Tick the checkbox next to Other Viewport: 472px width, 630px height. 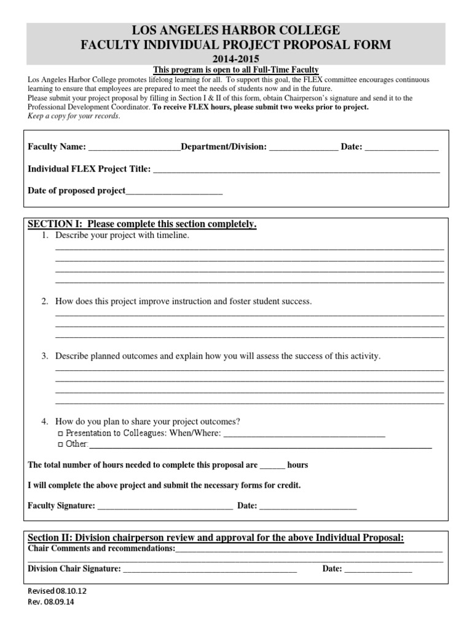pos(60,444)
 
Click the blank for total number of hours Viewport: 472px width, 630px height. pos(272,466)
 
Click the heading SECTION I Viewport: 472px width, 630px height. pos(141,225)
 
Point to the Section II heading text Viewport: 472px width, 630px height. pos(216,538)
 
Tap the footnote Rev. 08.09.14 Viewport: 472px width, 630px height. pos(51,602)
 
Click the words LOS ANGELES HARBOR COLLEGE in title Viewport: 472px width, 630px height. pos(236,30)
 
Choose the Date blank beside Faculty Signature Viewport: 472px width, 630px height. pos(308,507)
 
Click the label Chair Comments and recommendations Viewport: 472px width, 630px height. pos(101,548)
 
